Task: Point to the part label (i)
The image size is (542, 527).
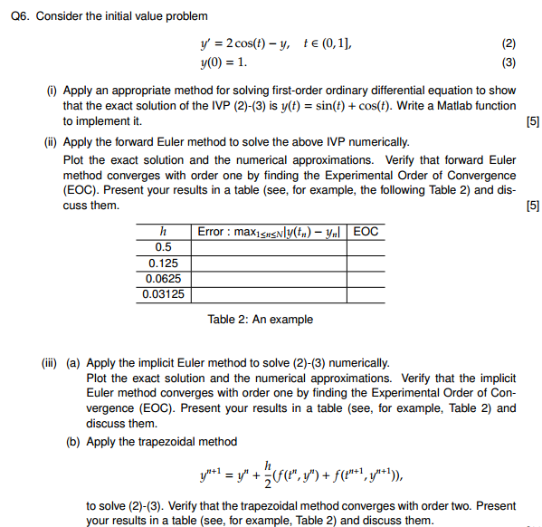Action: point(51,91)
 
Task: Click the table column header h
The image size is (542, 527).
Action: point(164,232)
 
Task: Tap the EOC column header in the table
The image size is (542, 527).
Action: point(366,232)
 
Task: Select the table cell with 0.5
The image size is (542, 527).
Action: point(164,247)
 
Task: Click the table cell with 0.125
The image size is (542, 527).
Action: point(164,263)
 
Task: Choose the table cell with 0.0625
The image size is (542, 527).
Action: point(164,279)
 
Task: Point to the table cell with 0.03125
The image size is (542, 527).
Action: point(164,294)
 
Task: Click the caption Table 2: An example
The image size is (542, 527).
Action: point(261,319)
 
